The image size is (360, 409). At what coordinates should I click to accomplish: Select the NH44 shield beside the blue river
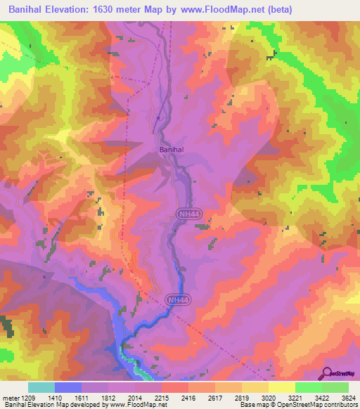(x=176, y=300)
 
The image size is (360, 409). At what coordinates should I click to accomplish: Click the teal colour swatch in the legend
(x=41, y=387)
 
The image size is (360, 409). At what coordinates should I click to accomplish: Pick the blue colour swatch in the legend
(x=68, y=387)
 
